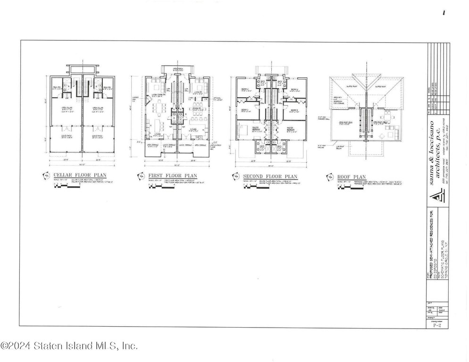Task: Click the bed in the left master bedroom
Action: pyautogui.click(x=244, y=129)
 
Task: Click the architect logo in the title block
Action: pyautogui.click(x=436, y=198)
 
